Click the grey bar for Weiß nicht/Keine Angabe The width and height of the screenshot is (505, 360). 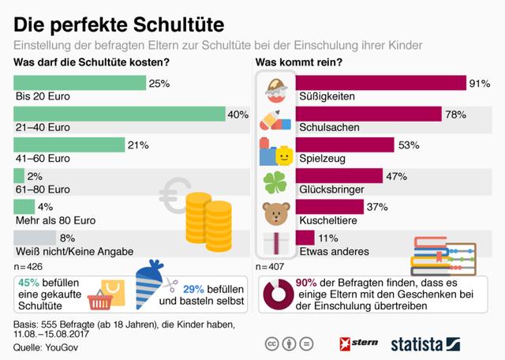pyautogui.click(x=36, y=236)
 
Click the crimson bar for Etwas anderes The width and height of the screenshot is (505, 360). pyautogui.click(x=304, y=237)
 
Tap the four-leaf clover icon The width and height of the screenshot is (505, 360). pyautogui.click(x=276, y=182)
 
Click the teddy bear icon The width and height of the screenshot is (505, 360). pyautogui.click(x=276, y=213)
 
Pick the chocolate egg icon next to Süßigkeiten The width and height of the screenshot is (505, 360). pyautogui.click(x=276, y=89)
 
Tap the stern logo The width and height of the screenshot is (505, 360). pyautogui.click(x=359, y=343)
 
